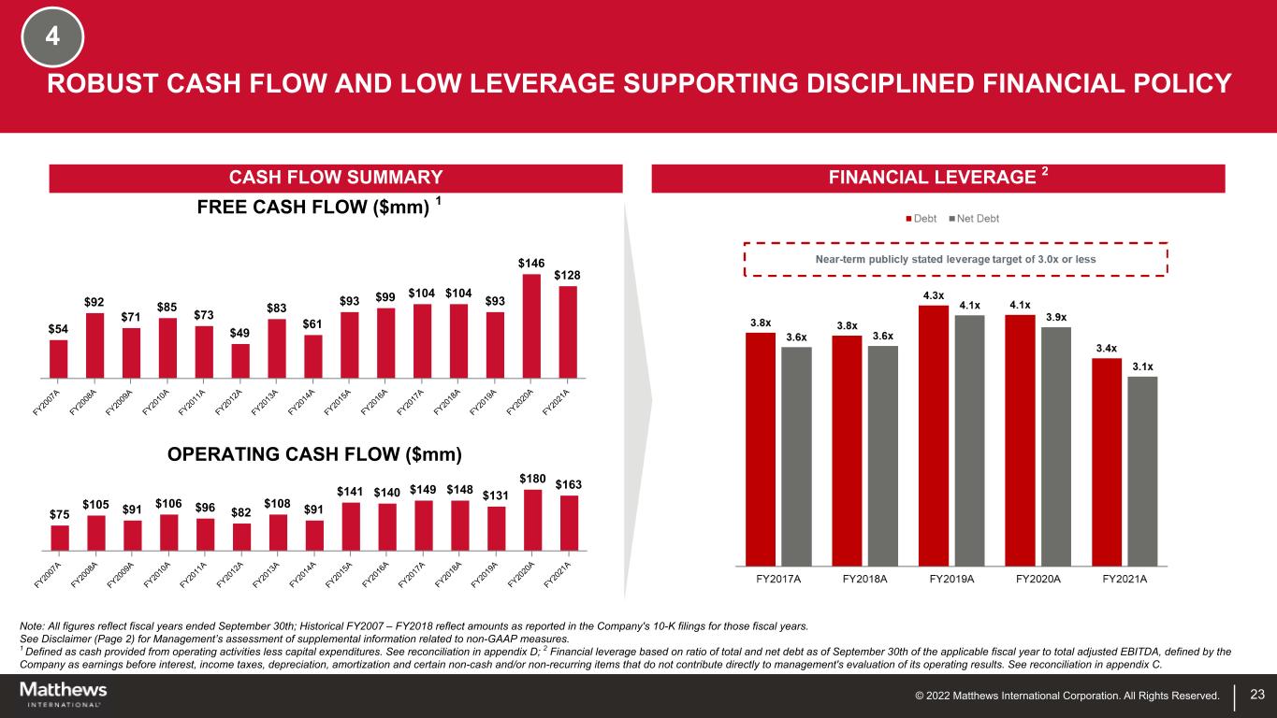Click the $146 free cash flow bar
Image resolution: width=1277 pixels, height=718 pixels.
coord(531,325)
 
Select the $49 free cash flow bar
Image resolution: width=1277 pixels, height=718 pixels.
coord(240,361)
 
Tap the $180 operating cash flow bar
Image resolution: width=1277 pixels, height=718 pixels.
coord(531,520)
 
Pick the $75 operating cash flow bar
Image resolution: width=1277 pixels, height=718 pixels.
coord(60,538)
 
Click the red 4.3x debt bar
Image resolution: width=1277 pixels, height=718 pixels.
coord(934,435)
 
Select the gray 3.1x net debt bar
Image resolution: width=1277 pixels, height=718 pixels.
coord(1142,470)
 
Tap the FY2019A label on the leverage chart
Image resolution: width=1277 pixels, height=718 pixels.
coord(951,579)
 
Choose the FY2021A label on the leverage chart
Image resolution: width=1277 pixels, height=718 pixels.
coord(1125,579)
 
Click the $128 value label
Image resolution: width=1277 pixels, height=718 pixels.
coord(567,275)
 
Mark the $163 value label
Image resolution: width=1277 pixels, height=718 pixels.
coord(568,484)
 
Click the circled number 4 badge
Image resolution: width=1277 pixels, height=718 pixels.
coord(53,37)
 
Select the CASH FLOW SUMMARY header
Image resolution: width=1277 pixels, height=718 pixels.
coord(336,178)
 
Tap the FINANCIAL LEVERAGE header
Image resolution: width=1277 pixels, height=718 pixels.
coord(937,178)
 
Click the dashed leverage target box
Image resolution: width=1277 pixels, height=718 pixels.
coord(955,259)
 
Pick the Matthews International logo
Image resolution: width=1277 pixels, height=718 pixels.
coord(64,694)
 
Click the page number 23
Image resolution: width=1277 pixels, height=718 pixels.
coord(1257,695)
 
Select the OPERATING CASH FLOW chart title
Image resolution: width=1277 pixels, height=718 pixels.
coord(314,455)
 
